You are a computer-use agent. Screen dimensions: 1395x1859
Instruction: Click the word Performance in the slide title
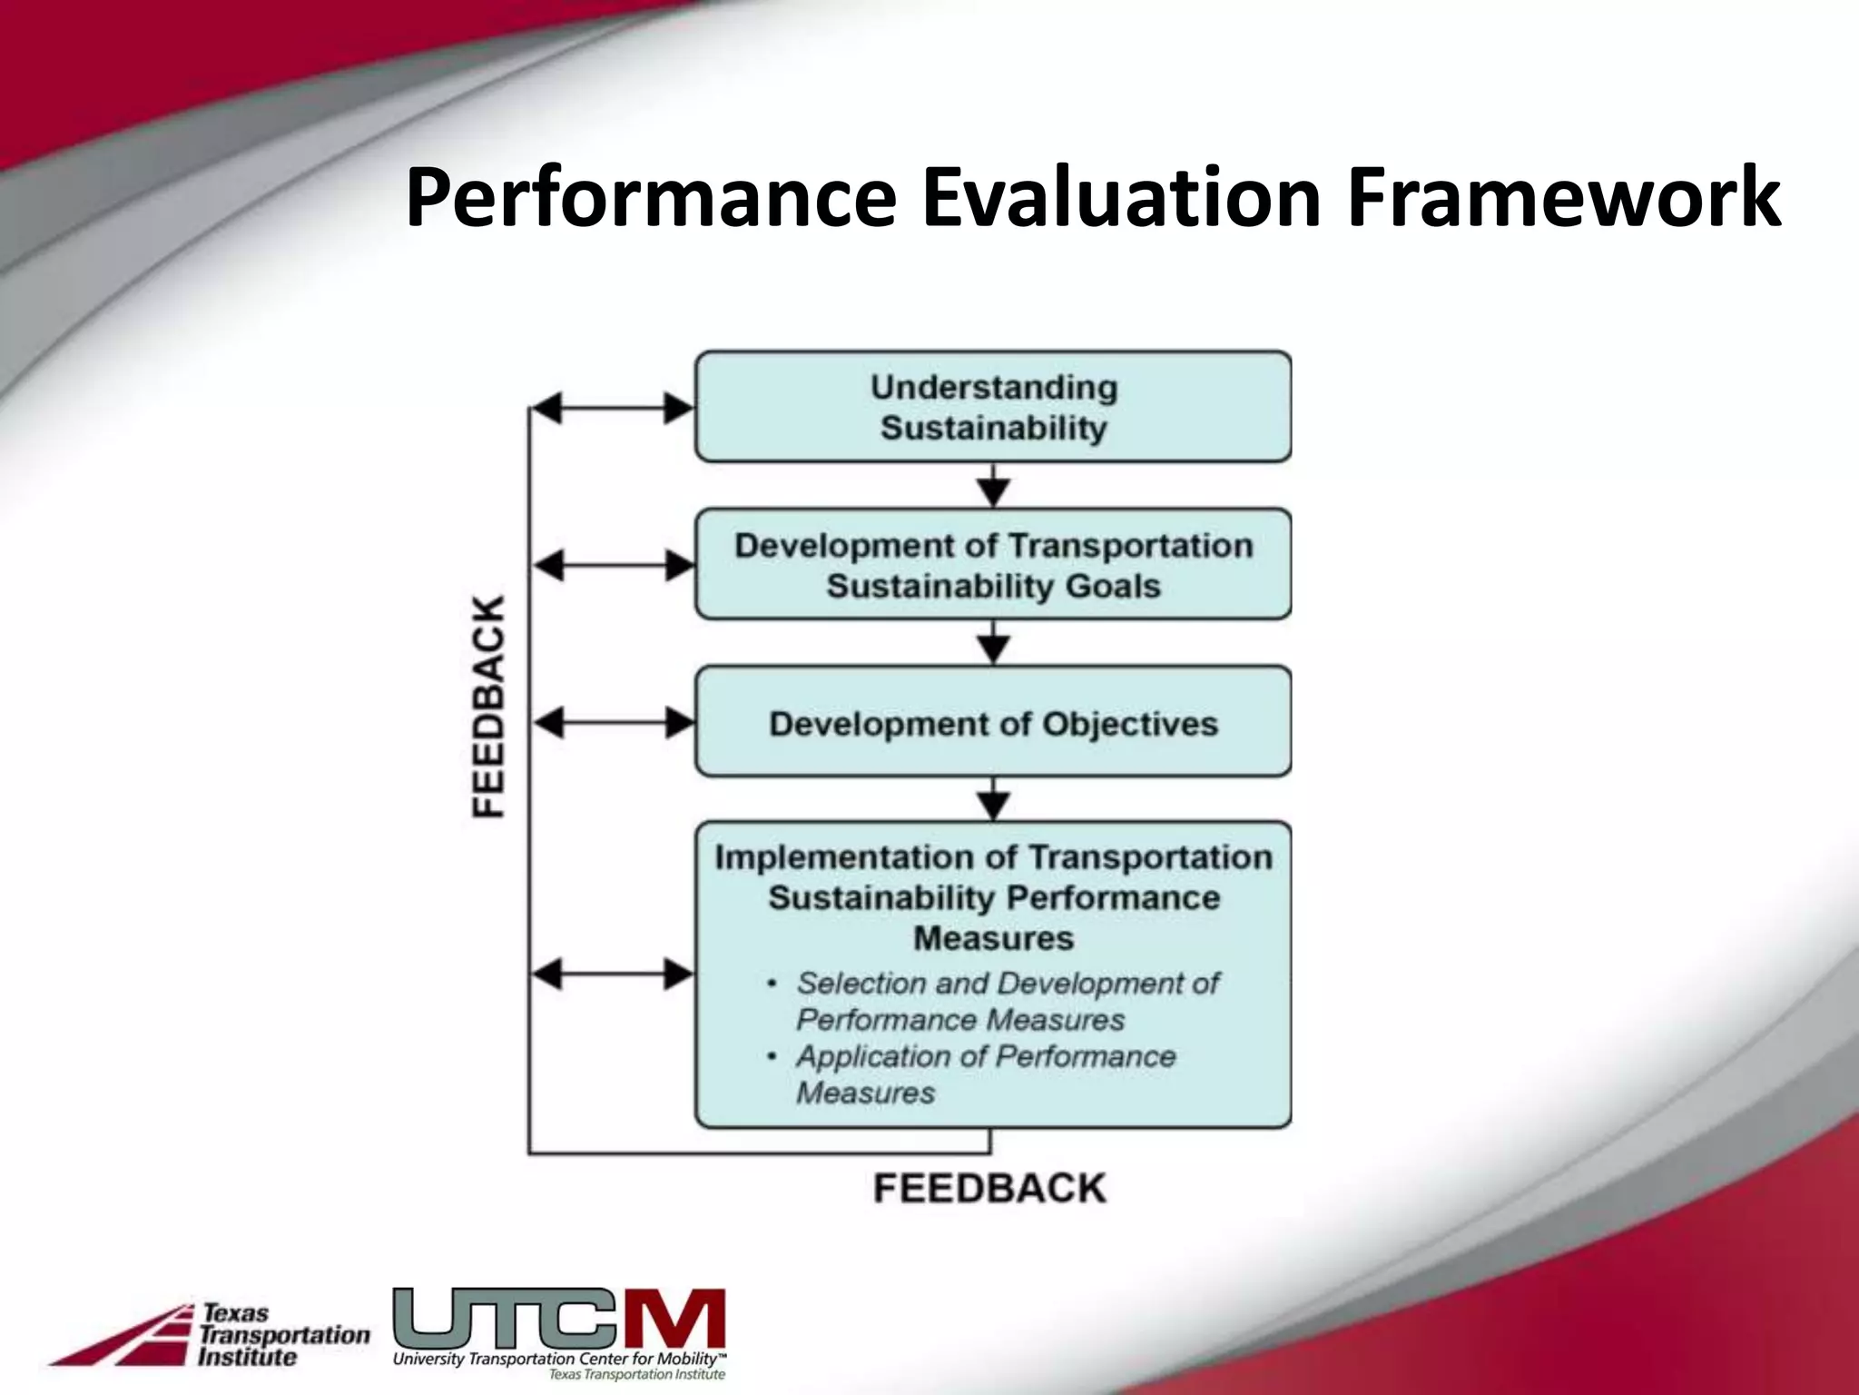pos(651,198)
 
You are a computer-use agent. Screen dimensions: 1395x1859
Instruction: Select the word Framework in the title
pos(1563,198)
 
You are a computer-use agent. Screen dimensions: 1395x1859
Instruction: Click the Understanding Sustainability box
pos(993,407)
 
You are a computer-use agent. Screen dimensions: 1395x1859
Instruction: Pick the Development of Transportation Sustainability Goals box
pos(993,565)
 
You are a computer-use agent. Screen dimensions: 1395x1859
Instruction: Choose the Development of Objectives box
pos(993,723)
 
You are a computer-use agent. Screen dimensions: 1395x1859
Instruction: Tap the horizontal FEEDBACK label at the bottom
pos(989,1188)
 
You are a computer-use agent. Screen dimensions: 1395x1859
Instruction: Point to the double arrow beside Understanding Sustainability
pos(613,408)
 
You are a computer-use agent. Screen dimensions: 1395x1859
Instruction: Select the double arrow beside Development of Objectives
pos(613,723)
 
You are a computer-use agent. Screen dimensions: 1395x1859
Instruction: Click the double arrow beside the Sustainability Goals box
pos(613,566)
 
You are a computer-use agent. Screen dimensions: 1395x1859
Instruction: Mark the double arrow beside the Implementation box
pos(613,975)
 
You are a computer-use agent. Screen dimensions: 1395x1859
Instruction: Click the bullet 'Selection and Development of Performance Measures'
pos(1006,1001)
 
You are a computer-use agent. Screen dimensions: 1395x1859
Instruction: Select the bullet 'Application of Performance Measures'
pos(985,1074)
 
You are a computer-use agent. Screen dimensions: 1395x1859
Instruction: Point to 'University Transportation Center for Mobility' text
pos(556,1360)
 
